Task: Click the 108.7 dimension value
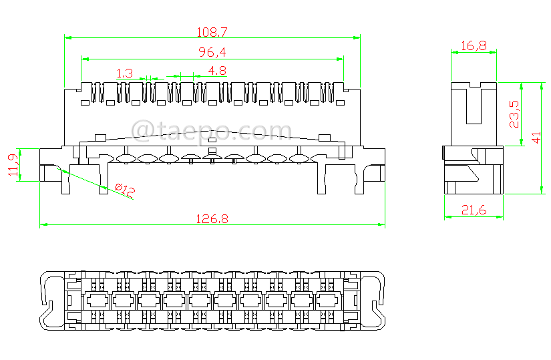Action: (x=212, y=31)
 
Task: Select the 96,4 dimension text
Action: (x=212, y=52)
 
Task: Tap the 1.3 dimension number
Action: (x=124, y=72)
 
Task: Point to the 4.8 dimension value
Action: (x=217, y=71)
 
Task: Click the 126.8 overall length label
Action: (x=212, y=218)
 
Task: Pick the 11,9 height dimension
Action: (x=13, y=164)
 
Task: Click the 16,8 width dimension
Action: (x=474, y=45)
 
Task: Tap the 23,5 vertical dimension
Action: (x=514, y=114)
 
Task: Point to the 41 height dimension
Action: (x=536, y=138)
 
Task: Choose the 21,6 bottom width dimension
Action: (x=474, y=211)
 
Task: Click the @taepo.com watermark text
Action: (x=212, y=130)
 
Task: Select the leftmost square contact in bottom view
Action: (x=97, y=300)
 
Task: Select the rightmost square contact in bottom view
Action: (x=328, y=300)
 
